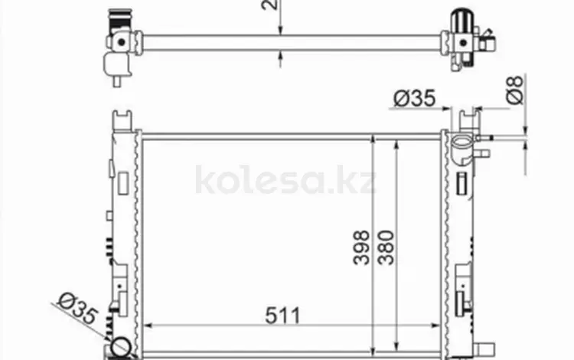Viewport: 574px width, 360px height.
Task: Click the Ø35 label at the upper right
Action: point(414,98)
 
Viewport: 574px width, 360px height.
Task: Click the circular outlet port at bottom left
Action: point(121,347)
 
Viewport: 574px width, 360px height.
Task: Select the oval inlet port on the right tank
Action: point(461,142)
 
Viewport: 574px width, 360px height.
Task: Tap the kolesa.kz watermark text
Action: point(286,181)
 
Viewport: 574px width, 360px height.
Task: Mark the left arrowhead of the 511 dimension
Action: point(148,326)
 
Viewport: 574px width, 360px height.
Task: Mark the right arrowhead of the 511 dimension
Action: point(436,326)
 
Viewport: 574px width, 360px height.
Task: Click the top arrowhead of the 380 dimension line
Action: point(395,146)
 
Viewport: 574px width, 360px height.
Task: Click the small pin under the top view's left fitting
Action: point(117,77)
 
